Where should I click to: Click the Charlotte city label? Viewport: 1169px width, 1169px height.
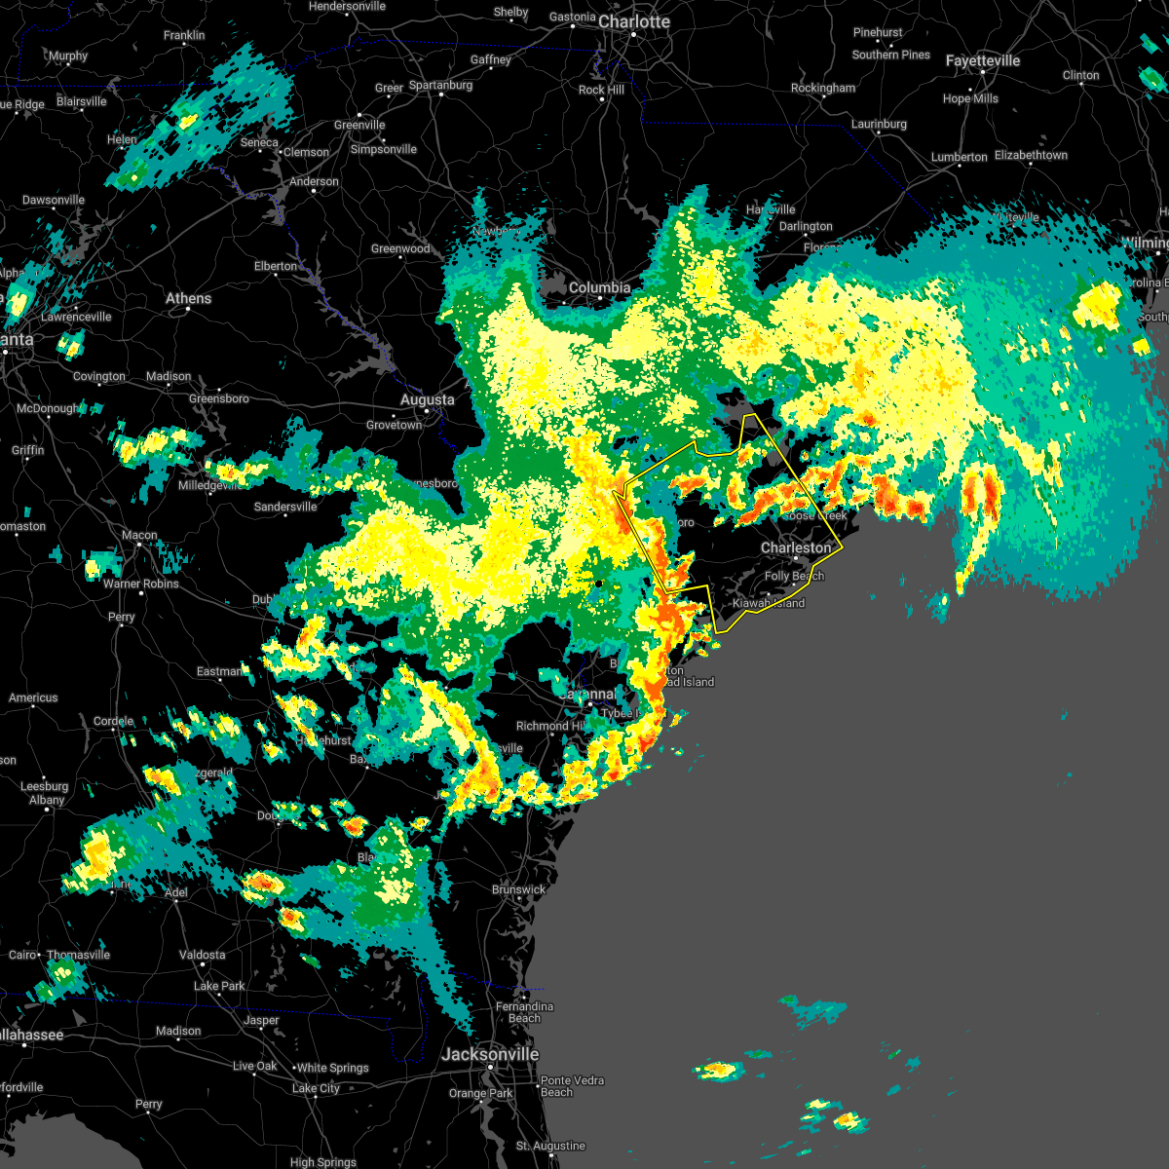click(634, 21)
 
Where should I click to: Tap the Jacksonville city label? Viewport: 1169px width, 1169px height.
click(490, 1054)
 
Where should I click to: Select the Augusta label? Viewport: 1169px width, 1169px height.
click(427, 399)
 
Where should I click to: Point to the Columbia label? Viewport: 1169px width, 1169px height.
click(599, 287)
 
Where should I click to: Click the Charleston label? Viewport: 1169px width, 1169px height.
click(796, 547)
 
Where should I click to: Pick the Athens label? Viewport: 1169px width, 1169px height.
click(188, 298)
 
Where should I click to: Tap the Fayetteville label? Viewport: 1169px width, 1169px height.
click(983, 60)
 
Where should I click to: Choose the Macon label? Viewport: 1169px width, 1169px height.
click(139, 535)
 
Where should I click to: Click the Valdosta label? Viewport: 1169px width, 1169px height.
click(202, 955)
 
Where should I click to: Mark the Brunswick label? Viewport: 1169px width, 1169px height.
click(518, 889)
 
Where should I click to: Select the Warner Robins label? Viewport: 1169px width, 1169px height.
click(141, 584)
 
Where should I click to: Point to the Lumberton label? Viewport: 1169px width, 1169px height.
click(959, 157)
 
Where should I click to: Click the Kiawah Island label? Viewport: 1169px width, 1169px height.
click(769, 603)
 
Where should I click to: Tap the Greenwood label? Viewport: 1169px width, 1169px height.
click(400, 248)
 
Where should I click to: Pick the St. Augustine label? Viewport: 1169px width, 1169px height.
click(550, 1146)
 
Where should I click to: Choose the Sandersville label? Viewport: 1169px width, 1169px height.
click(285, 507)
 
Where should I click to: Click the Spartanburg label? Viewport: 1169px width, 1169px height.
click(440, 85)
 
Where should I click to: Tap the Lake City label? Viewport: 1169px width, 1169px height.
click(317, 1088)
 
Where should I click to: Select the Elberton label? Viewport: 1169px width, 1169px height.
click(276, 266)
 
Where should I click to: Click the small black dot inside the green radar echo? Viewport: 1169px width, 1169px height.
click(599, 584)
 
